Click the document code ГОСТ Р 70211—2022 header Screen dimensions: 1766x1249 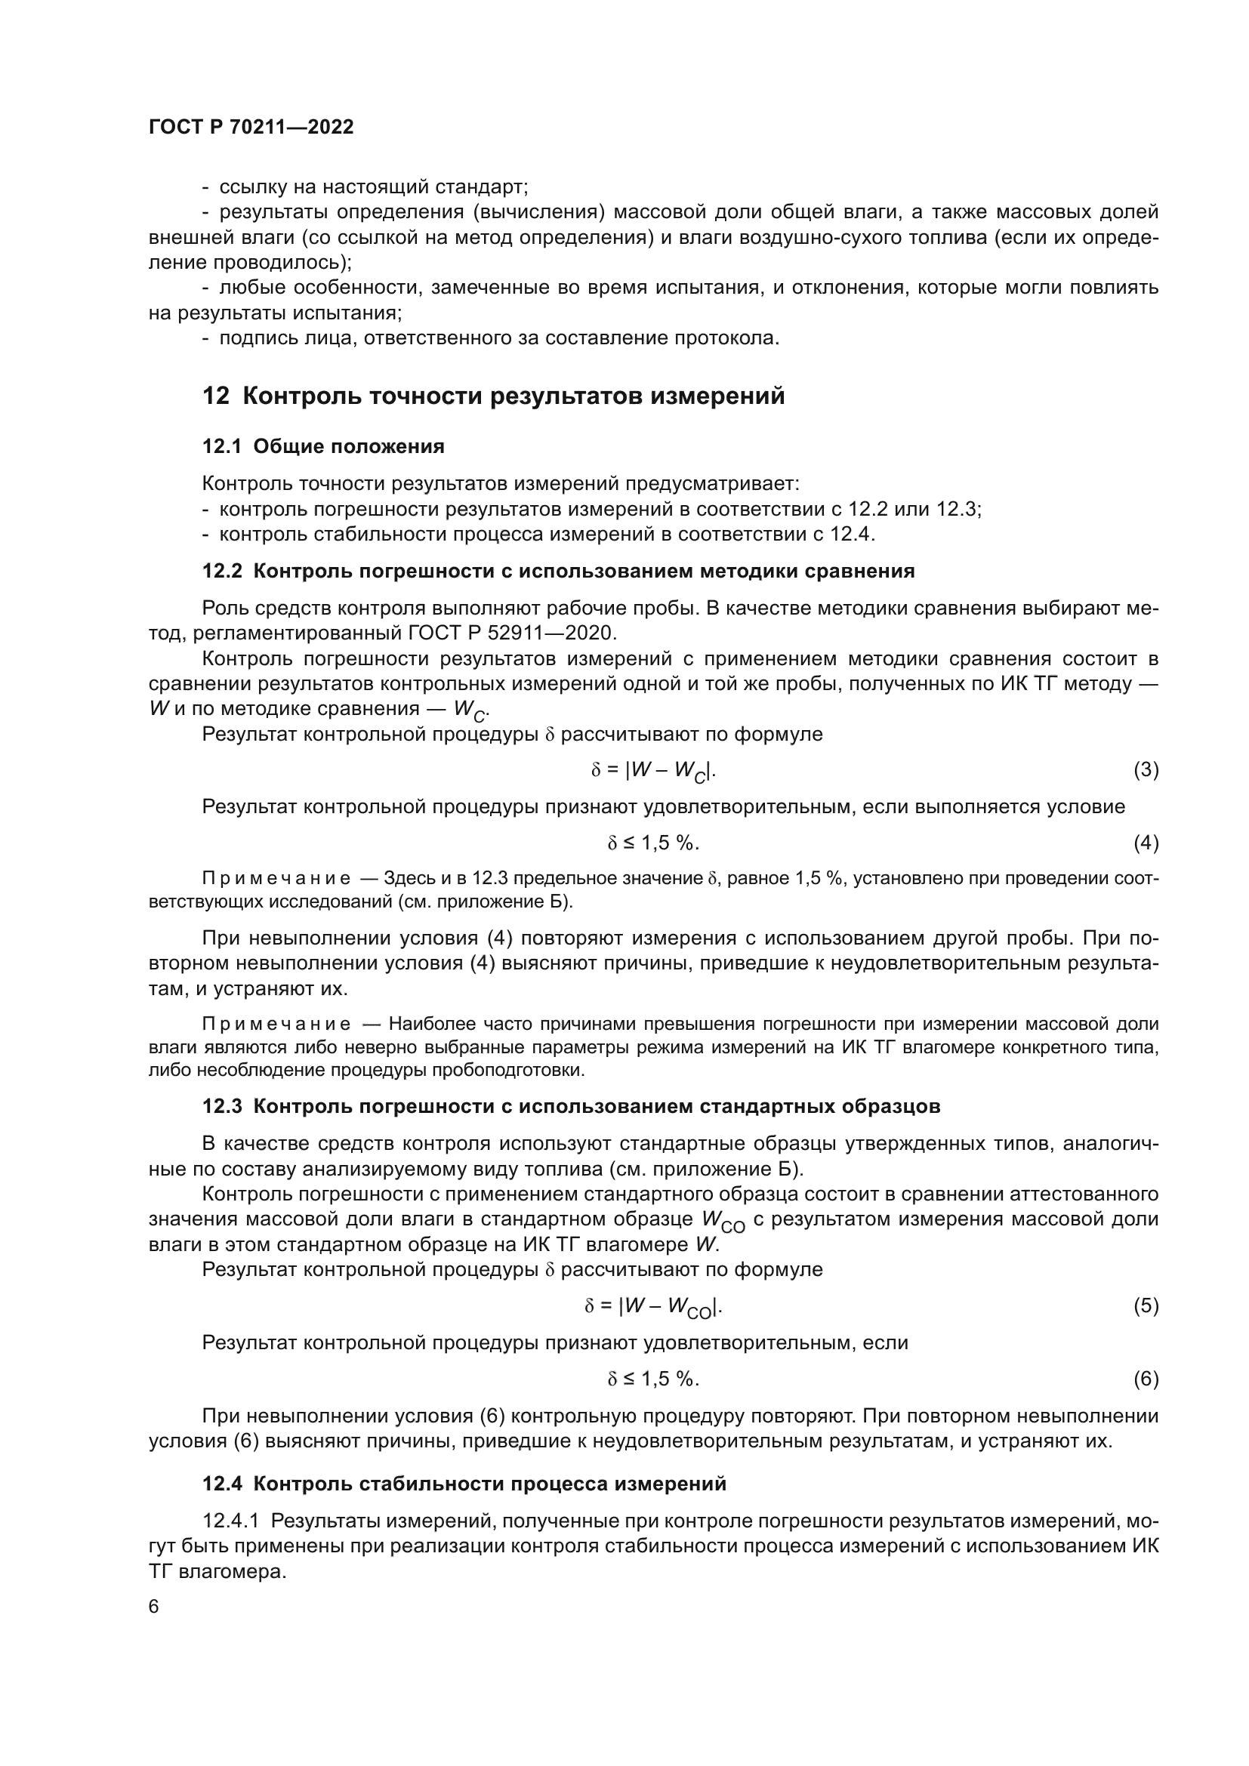(251, 128)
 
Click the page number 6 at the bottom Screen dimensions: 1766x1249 (154, 1607)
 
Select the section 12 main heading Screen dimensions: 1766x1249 (493, 396)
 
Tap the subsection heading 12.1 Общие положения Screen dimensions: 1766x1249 (323, 446)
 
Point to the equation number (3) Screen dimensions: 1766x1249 (1146, 770)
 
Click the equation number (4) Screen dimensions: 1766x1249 (1146, 843)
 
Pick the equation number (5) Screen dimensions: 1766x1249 (1146, 1305)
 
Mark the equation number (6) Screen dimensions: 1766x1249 (1146, 1379)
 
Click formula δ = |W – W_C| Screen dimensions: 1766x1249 (653, 771)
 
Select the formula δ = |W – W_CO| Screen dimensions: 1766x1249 (653, 1306)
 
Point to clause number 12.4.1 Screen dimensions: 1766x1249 (232, 1521)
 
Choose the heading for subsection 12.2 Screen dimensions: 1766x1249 (557, 571)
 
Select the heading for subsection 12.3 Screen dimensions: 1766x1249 (571, 1106)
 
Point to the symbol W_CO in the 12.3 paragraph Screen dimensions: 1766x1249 (723, 1222)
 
